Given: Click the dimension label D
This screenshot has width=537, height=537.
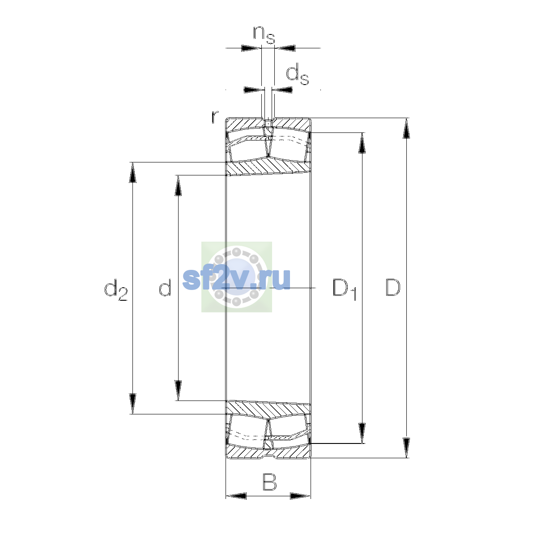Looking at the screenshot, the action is pyautogui.click(x=393, y=287).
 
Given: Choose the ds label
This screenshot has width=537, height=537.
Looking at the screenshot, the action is pyautogui.click(x=297, y=74).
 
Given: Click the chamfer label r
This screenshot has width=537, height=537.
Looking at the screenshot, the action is pyautogui.click(x=214, y=117).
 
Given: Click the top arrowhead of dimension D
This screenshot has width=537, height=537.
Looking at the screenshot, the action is pyautogui.click(x=406, y=128).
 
